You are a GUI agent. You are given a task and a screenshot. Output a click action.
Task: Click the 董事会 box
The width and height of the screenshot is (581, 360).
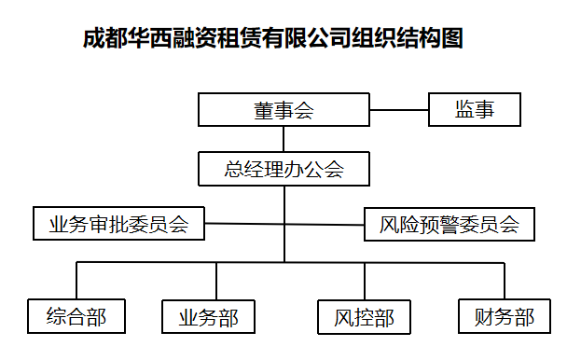(x=284, y=110)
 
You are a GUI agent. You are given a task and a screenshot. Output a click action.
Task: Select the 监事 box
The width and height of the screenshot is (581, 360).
(x=474, y=110)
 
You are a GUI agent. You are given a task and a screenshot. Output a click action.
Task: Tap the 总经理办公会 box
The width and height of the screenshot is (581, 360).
(x=284, y=169)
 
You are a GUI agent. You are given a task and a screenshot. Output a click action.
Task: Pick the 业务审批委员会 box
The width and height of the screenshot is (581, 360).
(x=118, y=224)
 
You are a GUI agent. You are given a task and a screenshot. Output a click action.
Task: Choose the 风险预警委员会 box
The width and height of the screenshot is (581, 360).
(x=449, y=224)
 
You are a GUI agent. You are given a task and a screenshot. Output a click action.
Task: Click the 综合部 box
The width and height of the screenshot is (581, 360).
(x=76, y=316)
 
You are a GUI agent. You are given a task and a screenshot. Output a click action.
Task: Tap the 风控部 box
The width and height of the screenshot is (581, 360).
(x=364, y=317)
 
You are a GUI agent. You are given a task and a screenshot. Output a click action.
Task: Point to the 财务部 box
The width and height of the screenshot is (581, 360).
(x=504, y=316)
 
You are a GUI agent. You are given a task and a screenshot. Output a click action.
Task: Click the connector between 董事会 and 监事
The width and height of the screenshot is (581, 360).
(x=398, y=110)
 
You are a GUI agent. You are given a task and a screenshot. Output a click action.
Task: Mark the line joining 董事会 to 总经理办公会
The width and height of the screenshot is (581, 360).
(x=284, y=139)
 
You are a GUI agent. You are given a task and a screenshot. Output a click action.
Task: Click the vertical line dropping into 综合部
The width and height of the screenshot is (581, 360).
(x=76, y=282)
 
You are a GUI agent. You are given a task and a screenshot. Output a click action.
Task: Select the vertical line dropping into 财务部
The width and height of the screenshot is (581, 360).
(x=505, y=282)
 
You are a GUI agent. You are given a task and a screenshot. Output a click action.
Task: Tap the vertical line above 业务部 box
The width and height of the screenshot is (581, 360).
(x=217, y=282)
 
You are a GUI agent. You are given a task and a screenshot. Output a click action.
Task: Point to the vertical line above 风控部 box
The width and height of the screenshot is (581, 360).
(x=364, y=282)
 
